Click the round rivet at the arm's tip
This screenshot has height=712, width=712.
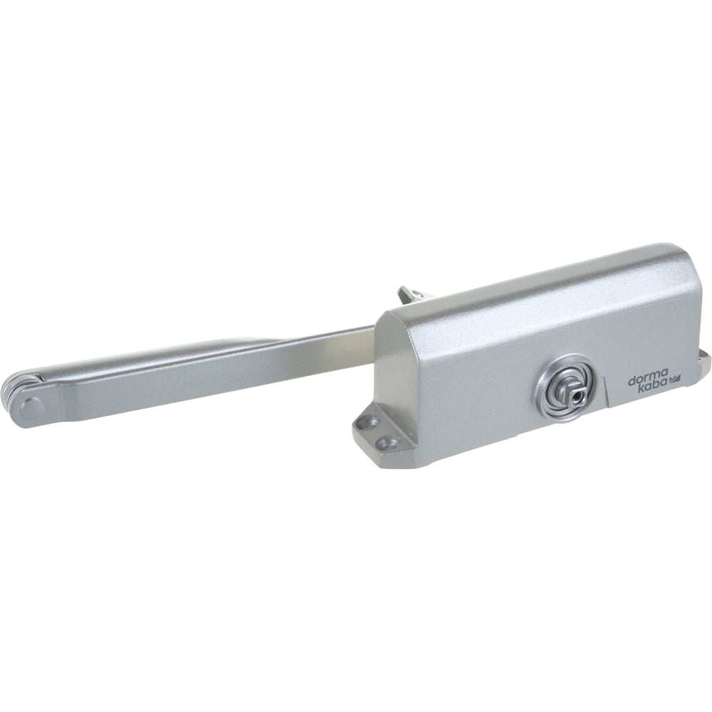[x=31, y=409]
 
